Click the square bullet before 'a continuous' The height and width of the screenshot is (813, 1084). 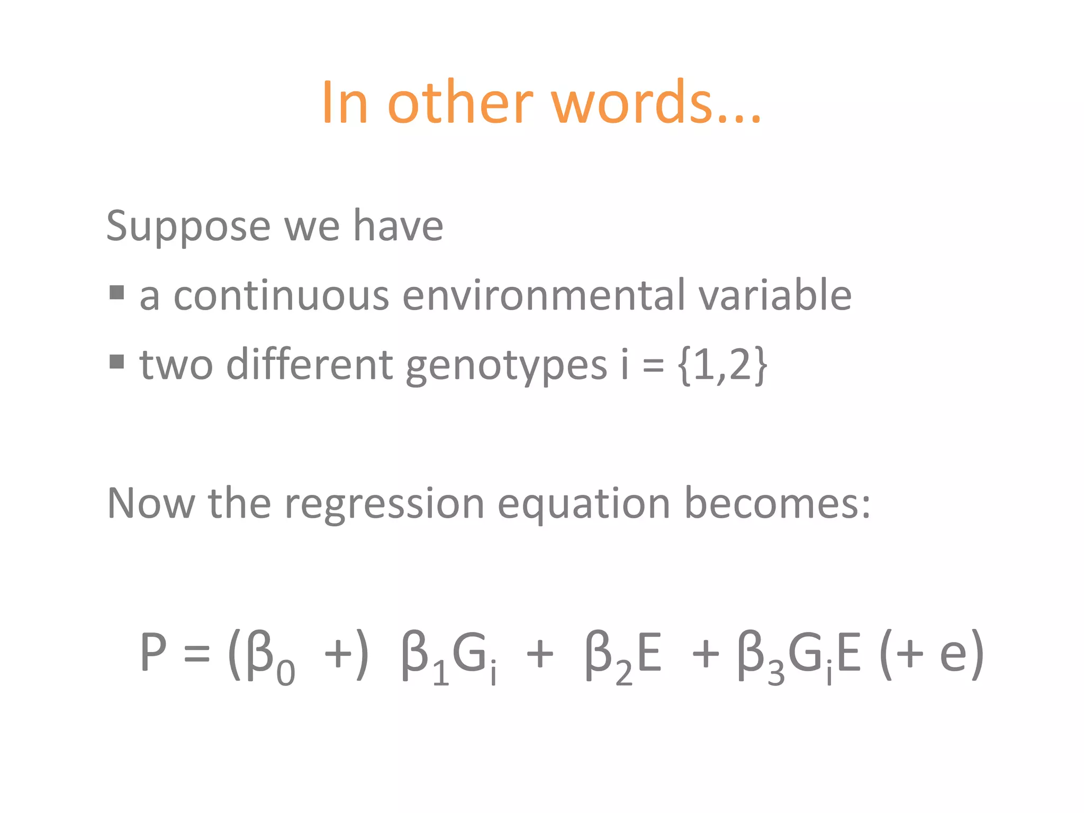pyautogui.click(x=116, y=292)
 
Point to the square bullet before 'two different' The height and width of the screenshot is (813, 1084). pyautogui.click(x=116, y=362)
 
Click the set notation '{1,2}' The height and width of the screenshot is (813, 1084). pyautogui.click(x=722, y=365)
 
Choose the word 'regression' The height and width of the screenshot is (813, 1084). pyautogui.click(x=384, y=505)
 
